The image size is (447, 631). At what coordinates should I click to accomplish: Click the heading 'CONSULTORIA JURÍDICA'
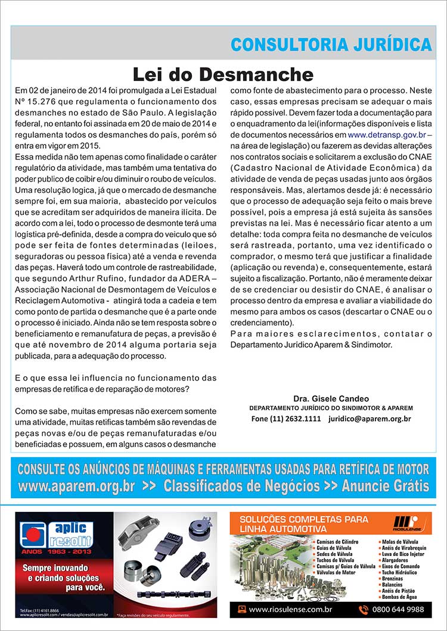click(331, 45)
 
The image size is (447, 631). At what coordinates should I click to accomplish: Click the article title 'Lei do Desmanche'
click(222, 74)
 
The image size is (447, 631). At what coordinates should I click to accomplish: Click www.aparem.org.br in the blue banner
click(76, 486)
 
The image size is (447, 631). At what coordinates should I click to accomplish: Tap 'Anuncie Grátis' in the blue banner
click(385, 486)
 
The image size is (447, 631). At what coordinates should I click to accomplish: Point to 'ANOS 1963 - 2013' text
click(52, 551)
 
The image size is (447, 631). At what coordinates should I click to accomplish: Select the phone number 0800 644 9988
click(398, 609)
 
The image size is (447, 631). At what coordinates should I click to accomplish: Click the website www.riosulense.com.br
click(290, 609)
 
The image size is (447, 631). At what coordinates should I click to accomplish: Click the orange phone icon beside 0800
click(364, 609)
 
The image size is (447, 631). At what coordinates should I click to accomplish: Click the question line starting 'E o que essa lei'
click(116, 379)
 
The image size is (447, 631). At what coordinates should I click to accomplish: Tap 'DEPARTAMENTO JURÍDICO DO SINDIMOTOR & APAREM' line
click(331, 408)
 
